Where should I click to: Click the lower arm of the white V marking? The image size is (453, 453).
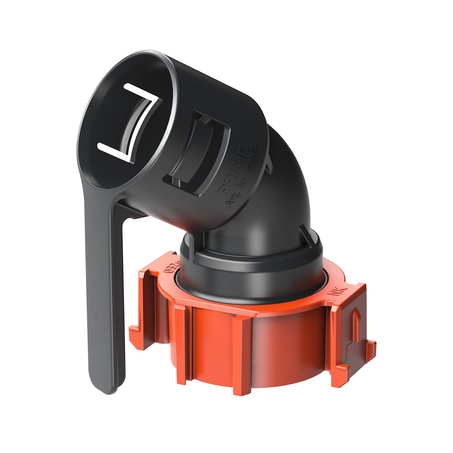113,151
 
